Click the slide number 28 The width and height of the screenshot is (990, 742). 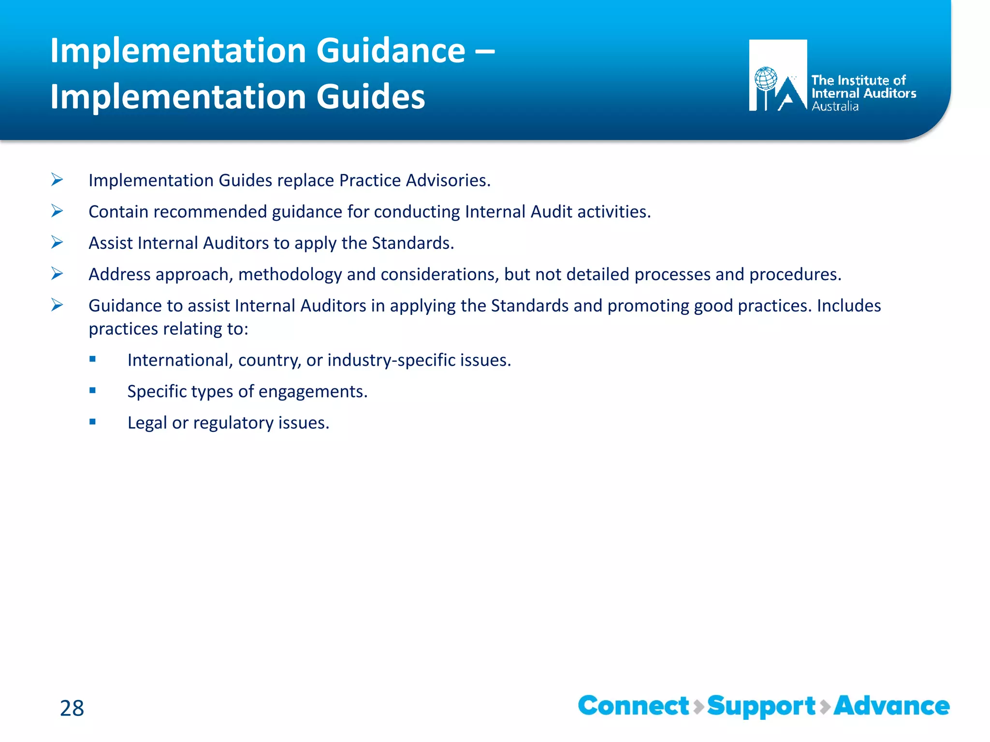coord(72,708)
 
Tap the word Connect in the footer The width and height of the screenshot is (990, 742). coord(633,706)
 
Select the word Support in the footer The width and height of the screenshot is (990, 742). coord(761,707)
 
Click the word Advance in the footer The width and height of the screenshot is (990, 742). coord(891,706)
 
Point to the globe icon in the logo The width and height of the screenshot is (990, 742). coord(766,79)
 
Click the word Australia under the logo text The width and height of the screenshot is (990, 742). coord(835,106)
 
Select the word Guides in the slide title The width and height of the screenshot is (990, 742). coord(371,96)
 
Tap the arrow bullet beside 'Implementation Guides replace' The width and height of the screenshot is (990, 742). coord(57,180)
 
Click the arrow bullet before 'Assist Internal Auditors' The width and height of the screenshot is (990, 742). coord(57,243)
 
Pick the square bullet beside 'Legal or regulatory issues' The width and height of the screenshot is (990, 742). coord(92,422)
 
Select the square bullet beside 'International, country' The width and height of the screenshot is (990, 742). coord(92,359)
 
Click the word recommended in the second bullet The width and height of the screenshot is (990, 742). coord(210,212)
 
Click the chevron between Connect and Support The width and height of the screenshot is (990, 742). coord(698,707)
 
